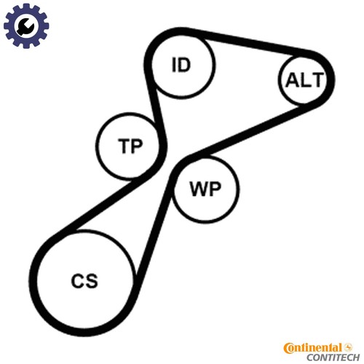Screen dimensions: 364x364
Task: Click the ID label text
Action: tap(181, 65)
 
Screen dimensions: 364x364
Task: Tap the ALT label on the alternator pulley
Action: tap(304, 80)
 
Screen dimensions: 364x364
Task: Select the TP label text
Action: tap(130, 146)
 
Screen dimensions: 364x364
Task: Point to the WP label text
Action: tap(205, 189)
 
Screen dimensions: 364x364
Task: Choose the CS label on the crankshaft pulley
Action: tap(84, 281)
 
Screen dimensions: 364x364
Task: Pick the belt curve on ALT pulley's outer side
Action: tap(331, 80)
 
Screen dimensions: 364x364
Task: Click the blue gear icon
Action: tap(26, 25)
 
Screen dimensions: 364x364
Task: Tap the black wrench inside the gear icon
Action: tap(25, 27)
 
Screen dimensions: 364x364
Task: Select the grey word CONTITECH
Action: tap(333, 357)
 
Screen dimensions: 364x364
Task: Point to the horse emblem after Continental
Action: tap(349, 347)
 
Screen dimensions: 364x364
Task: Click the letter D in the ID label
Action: tap(184, 65)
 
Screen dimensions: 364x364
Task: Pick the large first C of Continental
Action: tap(289, 349)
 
